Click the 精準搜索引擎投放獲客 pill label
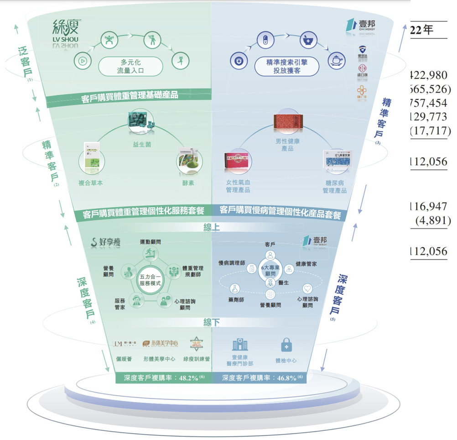tap(287, 66)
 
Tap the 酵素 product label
tap(188, 183)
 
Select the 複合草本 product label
tap(91, 183)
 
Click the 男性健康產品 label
tap(288, 145)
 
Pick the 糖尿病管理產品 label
tap(335, 186)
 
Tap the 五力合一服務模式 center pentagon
tap(151, 279)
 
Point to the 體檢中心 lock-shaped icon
tap(286, 346)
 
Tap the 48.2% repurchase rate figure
tap(188, 378)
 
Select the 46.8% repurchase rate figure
tap(286, 378)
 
